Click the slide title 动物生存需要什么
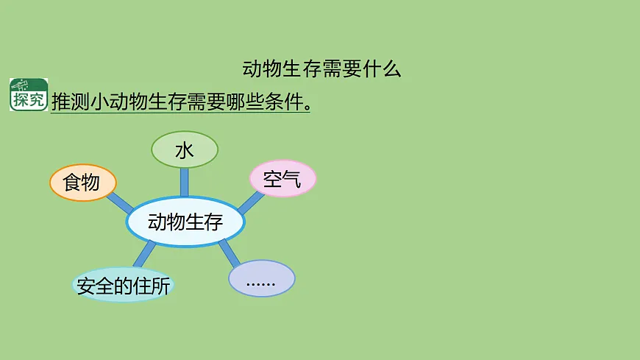(321, 69)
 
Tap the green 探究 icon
(29, 94)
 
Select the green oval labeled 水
(184, 150)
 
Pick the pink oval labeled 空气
(282, 179)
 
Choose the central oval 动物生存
(185, 222)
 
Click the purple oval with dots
(261, 279)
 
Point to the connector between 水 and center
(184, 181)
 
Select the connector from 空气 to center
(249, 202)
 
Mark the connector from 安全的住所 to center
(144, 254)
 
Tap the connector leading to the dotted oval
(229, 253)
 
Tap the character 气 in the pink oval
(292, 179)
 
